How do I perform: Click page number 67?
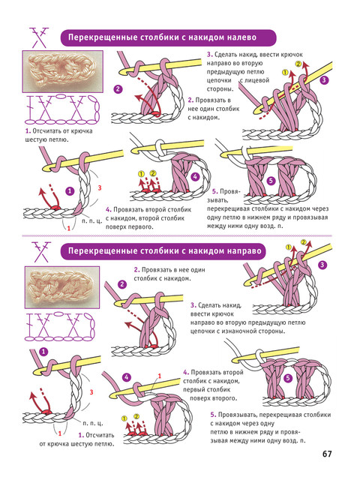327,454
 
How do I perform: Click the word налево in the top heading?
242,37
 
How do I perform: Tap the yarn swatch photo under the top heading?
63,72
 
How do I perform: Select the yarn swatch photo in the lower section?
62,287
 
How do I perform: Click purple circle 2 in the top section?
118,89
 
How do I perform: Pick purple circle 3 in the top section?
324,80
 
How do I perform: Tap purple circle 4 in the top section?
195,177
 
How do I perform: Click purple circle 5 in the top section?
271,181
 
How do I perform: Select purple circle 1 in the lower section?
43,352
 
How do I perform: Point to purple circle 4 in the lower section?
127,377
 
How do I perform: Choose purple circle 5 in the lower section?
288,378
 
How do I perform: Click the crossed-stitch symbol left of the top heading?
40,37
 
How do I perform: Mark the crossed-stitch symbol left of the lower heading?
41,252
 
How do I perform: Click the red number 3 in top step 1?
100,187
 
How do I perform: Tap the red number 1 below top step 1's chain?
68,228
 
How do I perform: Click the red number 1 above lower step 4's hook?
160,376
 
